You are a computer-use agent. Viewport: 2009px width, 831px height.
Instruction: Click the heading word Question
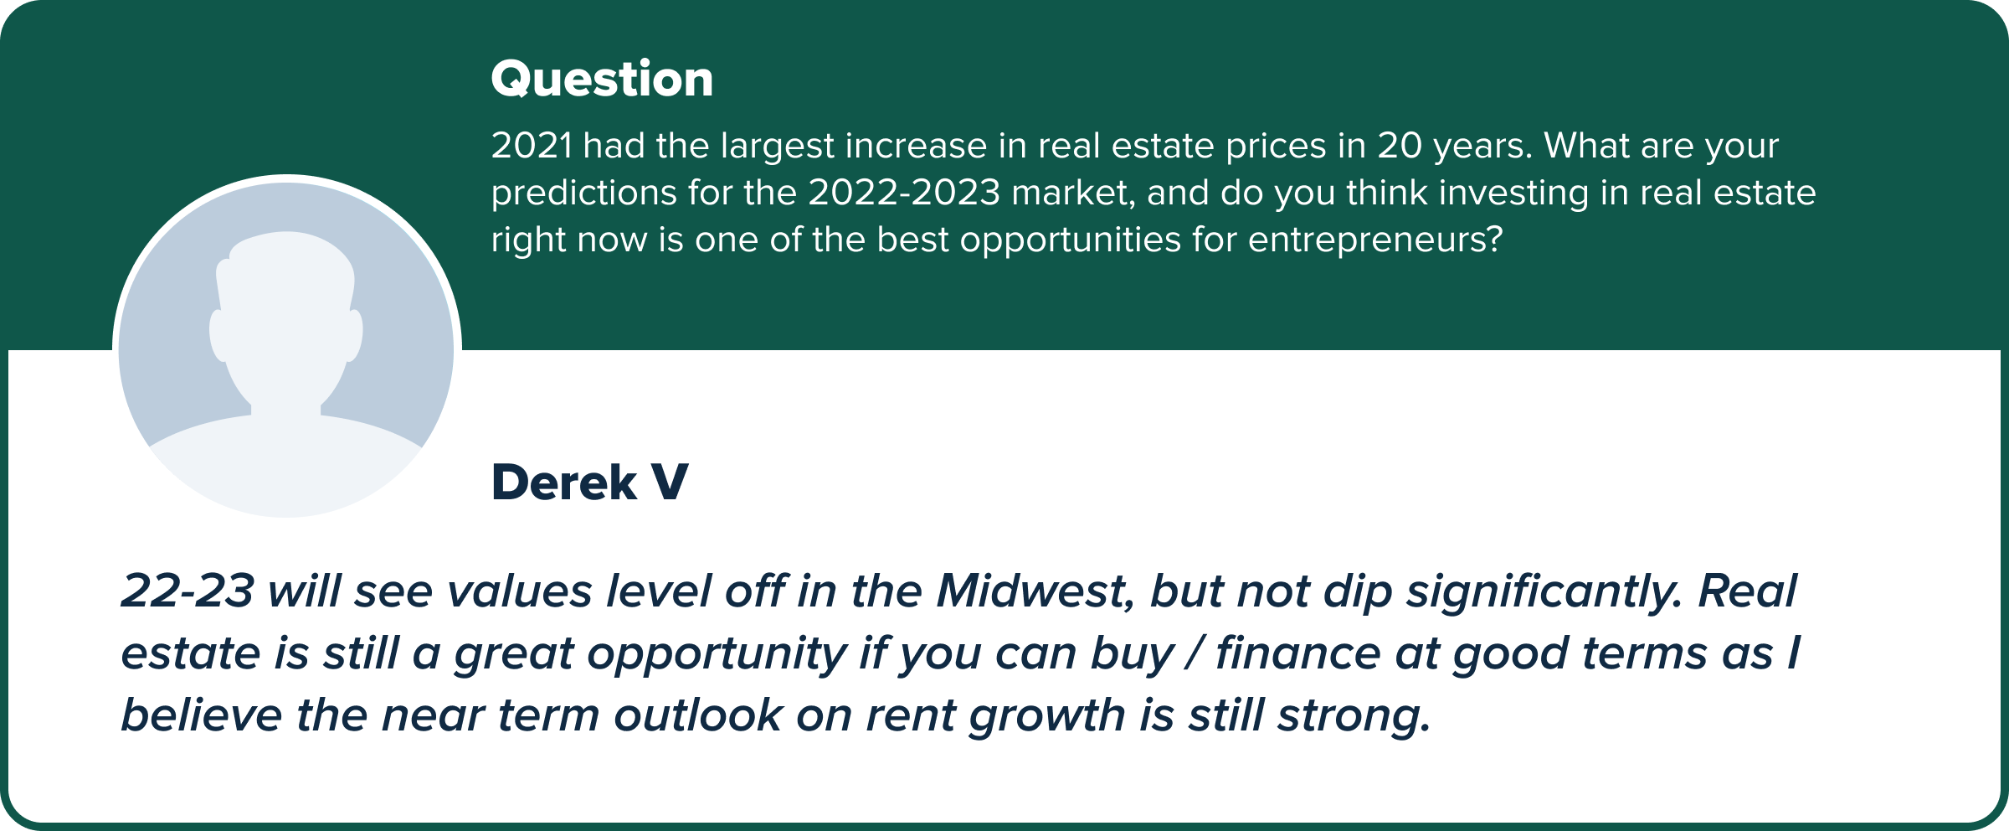pos(602,80)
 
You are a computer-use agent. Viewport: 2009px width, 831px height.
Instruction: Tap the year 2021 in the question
pos(532,146)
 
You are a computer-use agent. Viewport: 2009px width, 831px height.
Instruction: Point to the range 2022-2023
pos(904,193)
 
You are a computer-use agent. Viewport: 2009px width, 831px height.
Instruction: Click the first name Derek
pos(564,483)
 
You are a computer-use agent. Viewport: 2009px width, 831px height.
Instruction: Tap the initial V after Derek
pos(670,483)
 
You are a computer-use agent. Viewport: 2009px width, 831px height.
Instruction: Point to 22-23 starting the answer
pos(188,591)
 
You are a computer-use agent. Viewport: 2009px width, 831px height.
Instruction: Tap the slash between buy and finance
pos(1195,654)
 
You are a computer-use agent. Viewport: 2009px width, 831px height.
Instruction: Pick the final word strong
pos(1354,719)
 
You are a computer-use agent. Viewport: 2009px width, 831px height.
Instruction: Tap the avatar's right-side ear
pos(355,335)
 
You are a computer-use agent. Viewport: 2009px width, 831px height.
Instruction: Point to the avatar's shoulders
pos(285,465)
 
